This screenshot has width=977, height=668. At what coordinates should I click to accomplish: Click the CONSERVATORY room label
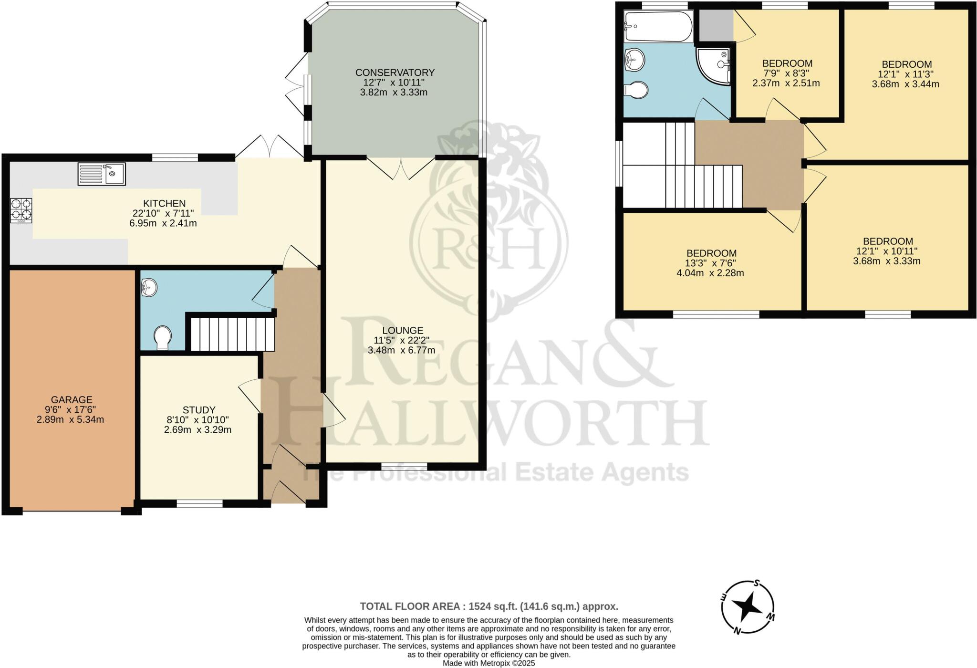(395, 73)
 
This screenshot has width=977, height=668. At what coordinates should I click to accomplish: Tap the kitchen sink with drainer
(102, 174)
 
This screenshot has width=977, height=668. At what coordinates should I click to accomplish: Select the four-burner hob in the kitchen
(21, 210)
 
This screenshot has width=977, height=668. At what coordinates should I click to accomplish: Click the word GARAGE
(72, 400)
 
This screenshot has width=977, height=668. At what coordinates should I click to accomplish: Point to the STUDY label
(199, 410)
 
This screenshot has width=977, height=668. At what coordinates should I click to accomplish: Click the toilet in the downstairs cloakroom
(163, 337)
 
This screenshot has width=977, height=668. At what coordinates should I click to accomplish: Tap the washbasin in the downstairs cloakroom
(149, 288)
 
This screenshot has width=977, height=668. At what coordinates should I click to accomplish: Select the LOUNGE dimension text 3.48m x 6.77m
(401, 350)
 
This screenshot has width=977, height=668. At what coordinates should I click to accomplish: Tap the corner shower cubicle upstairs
(715, 66)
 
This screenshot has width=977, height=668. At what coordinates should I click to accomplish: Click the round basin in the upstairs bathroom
(634, 61)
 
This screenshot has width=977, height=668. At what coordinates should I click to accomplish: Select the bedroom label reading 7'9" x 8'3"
(787, 73)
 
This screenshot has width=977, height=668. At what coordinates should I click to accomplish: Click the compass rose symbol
(747, 606)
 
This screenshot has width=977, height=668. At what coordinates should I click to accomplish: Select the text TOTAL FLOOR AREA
(412, 606)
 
